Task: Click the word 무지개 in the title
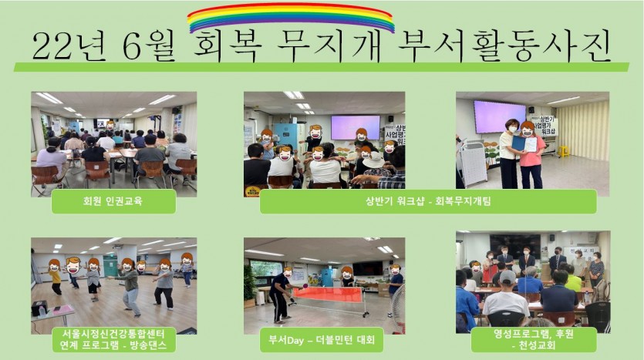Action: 329,45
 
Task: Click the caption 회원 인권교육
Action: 113,201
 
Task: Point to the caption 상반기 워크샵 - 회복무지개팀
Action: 428,201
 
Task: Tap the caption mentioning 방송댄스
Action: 114,339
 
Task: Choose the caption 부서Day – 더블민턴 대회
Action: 322,340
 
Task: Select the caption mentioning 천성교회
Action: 534,339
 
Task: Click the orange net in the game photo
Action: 328,294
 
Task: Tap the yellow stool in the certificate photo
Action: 563,151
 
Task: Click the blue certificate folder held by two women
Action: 519,143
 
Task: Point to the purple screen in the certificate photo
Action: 500,117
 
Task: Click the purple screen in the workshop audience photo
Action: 356,128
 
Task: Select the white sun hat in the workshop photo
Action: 373,160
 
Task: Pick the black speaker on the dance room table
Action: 39,308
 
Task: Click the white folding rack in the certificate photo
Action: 472,163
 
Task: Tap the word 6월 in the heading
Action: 149,46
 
